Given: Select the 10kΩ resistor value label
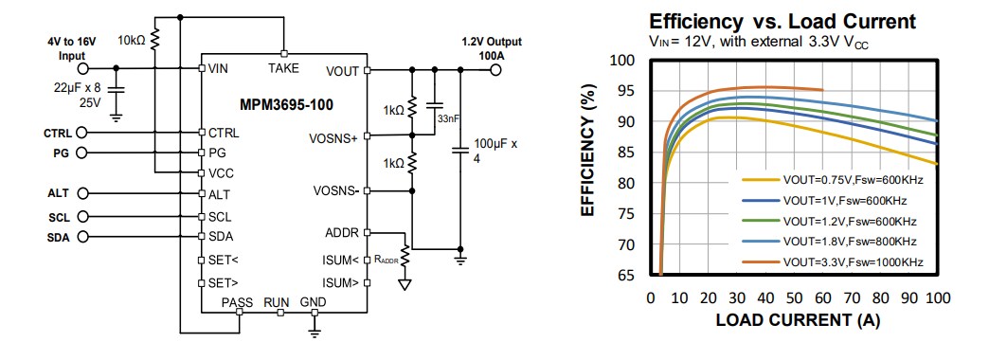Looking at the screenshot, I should [131, 41].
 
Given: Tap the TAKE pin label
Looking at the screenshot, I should [283, 68].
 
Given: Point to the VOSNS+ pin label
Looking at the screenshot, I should [334, 137].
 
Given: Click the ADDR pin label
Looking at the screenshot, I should [342, 232].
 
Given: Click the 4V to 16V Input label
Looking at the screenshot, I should [72, 48].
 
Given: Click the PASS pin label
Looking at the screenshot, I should [237, 302].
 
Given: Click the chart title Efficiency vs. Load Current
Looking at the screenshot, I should [782, 21].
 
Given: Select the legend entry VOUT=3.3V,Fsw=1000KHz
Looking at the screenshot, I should [852, 261].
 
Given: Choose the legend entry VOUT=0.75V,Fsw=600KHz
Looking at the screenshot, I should [852, 178].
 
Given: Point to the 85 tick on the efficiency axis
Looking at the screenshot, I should [621, 152].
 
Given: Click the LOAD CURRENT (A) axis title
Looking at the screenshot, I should [798, 320].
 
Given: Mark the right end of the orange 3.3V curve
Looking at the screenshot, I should [823, 90].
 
